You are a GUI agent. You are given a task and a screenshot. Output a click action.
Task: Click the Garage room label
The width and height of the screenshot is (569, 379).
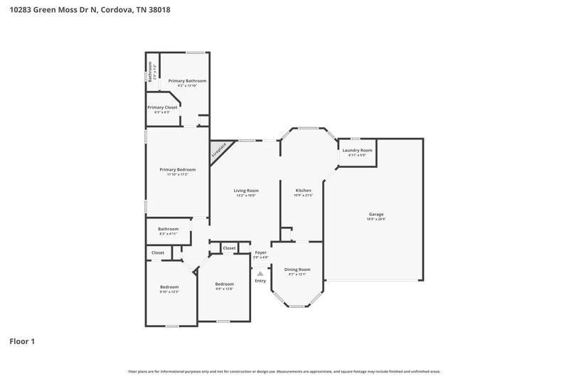tap(376, 214)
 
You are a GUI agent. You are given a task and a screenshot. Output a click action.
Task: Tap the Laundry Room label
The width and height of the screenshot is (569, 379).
tap(357, 150)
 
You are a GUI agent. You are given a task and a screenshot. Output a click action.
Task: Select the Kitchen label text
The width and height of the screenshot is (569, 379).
tap(303, 191)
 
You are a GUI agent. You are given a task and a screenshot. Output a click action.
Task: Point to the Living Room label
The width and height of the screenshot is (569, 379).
tap(246, 191)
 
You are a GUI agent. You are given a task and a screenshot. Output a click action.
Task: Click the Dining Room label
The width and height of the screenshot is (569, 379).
tap(297, 269)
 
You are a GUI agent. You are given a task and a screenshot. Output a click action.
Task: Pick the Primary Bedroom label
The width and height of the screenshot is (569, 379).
tap(177, 169)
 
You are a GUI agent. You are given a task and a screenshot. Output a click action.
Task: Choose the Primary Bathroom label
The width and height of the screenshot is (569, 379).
tap(187, 81)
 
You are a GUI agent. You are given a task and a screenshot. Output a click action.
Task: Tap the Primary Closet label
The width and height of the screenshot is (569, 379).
tap(162, 107)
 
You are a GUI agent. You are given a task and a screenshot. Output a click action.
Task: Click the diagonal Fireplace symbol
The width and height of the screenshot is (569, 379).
tap(219, 150)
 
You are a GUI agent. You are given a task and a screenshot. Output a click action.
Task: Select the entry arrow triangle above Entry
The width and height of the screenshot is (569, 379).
tap(260, 272)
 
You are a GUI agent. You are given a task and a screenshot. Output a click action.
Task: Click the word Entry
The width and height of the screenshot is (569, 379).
tap(260, 281)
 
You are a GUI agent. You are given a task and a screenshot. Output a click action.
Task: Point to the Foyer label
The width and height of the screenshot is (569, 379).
tap(260, 252)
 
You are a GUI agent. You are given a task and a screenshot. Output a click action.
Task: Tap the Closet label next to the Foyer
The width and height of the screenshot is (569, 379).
tap(229, 248)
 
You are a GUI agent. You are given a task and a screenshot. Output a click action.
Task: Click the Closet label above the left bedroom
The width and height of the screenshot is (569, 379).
tap(158, 252)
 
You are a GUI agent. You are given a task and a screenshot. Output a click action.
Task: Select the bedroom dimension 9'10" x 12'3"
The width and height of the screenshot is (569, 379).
tap(169, 292)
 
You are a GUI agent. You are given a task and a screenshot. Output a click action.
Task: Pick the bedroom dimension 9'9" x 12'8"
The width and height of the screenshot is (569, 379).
tap(224, 289)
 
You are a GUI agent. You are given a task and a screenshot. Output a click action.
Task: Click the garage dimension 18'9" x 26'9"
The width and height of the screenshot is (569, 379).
tap(376, 219)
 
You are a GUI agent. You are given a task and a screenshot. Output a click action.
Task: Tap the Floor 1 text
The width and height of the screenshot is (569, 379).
tap(22, 341)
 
